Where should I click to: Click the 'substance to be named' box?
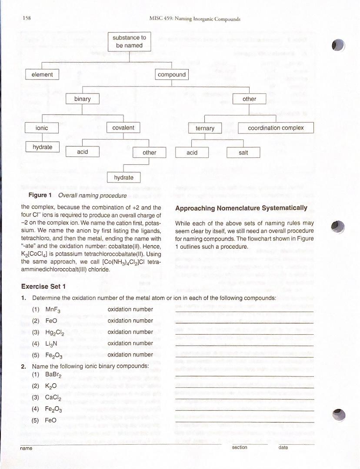(129, 42)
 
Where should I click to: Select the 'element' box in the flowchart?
(42, 75)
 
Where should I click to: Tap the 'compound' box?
(172, 75)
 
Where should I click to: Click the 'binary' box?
(83, 99)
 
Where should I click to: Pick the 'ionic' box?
(42, 128)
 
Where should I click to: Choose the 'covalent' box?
(123, 128)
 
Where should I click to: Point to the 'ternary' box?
(205, 128)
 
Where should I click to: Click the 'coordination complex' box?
(276, 128)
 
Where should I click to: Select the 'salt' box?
(243, 153)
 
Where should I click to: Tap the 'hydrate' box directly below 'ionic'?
(43, 147)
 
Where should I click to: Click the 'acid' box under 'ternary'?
(192, 153)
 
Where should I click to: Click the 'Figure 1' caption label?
(40, 195)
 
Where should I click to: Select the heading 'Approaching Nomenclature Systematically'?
(241, 208)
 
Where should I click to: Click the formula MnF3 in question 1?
(52, 310)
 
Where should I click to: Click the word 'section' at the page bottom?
(240, 447)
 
